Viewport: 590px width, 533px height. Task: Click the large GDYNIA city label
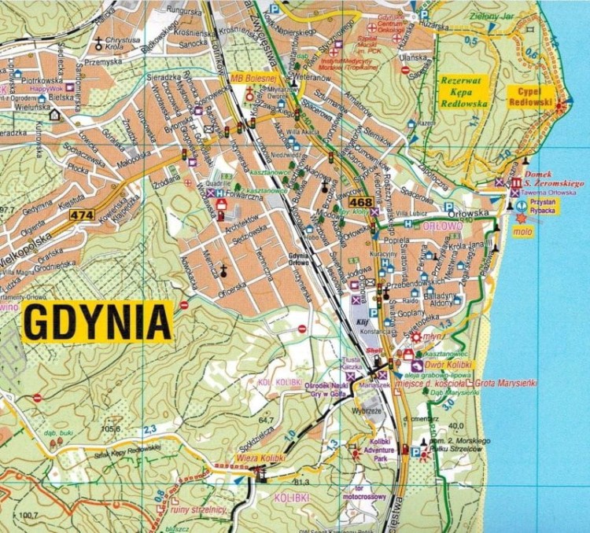point(98,322)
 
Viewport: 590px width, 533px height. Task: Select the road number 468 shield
point(356,203)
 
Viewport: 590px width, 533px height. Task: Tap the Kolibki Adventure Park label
point(381,449)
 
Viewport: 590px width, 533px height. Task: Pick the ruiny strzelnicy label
point(203,509)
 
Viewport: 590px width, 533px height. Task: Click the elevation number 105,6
point(110,428)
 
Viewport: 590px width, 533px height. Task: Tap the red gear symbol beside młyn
point(416,338)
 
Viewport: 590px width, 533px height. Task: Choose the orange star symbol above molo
point(521,218)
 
